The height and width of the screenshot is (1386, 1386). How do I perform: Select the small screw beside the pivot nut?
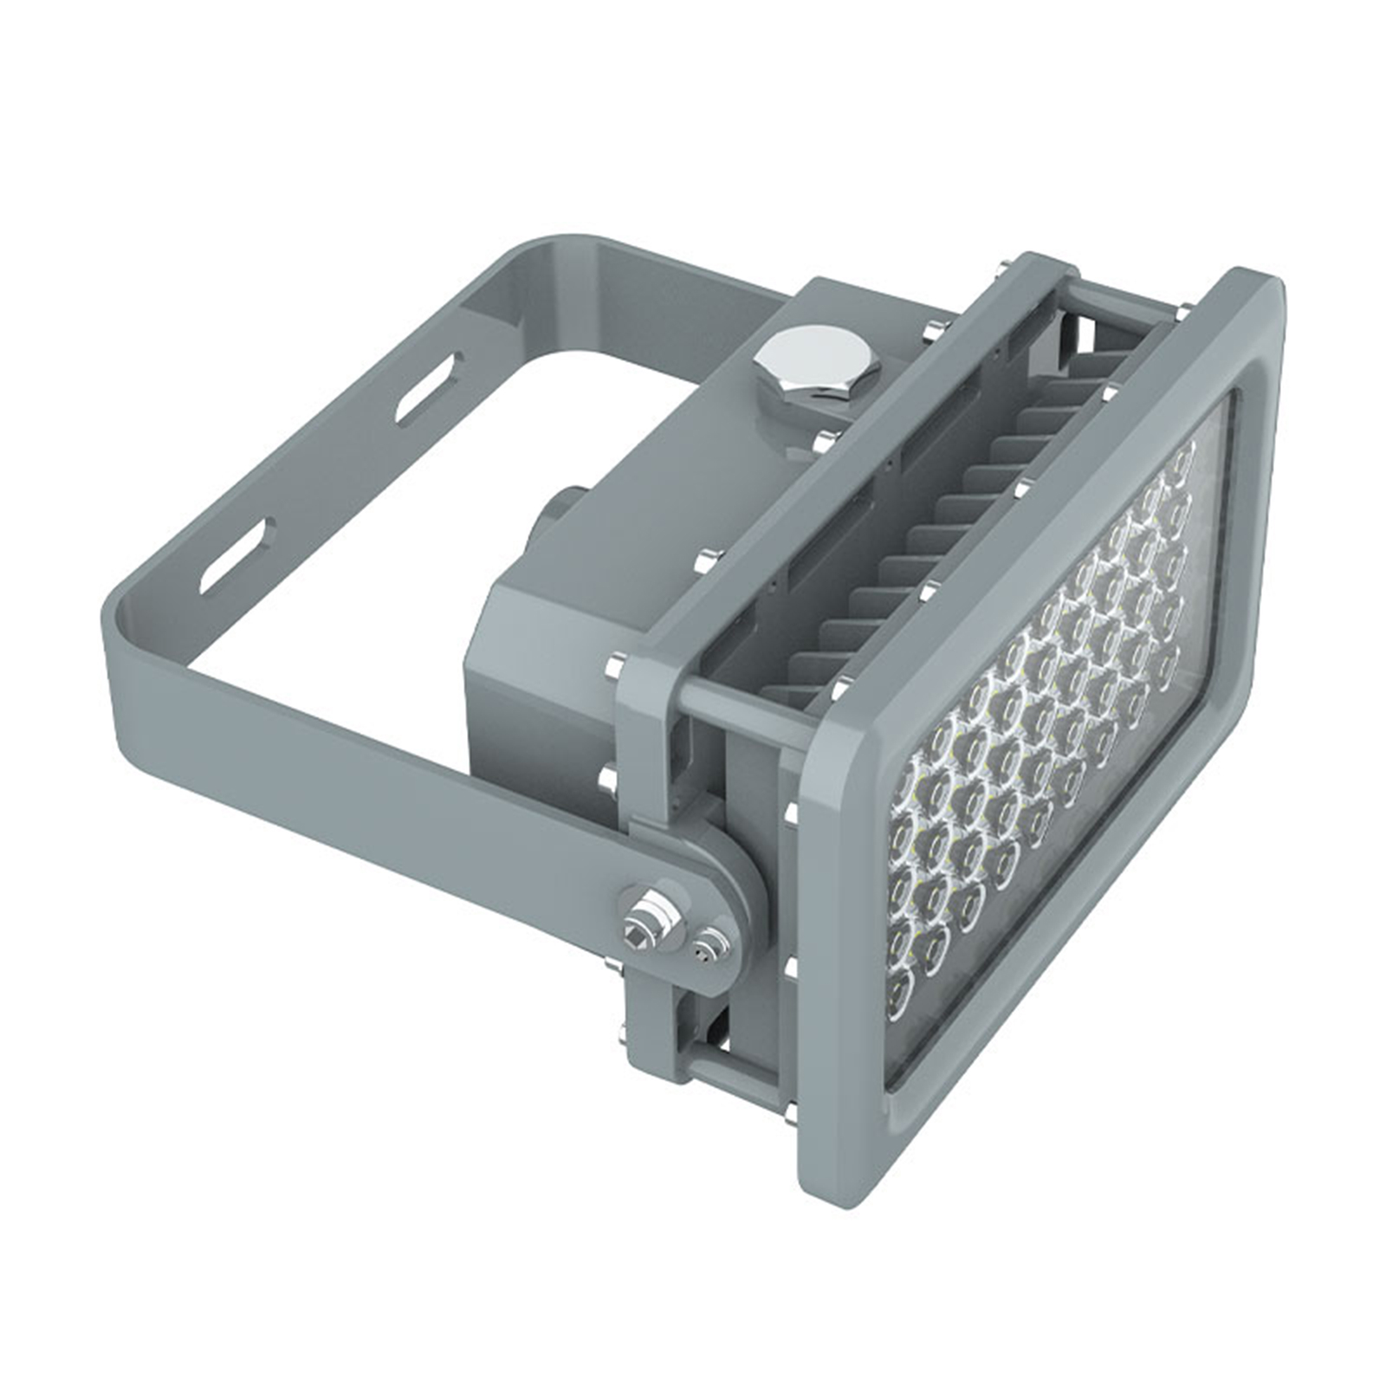[708, 944]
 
